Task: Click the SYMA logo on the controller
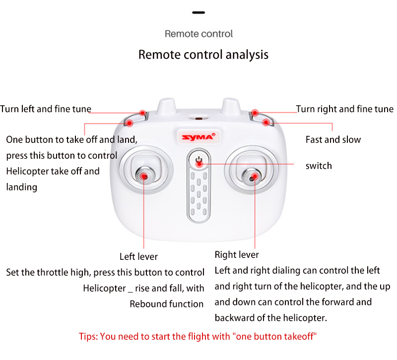(198, 137)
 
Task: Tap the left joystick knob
(144, 176)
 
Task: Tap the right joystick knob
(251, 178)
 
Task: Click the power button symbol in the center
(199, 160)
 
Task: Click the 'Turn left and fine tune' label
(46, 109)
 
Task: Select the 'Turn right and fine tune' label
(344, 109)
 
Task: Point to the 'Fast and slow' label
(333, 140)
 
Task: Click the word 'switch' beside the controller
(319, 166)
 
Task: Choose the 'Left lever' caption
(138, 256)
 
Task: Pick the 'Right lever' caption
(237, 255)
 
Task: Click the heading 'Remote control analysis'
(203, 55)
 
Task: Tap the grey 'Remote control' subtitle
(199, 34)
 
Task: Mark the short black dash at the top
(198, 12)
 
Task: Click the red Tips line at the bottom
(198, 337)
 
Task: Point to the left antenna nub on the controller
(166, 106)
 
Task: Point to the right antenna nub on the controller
(231, 106)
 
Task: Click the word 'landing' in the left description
(22, 187)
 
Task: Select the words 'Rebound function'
(167, 304)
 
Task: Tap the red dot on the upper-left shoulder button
(143, 113)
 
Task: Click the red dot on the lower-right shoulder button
(266, 122)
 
